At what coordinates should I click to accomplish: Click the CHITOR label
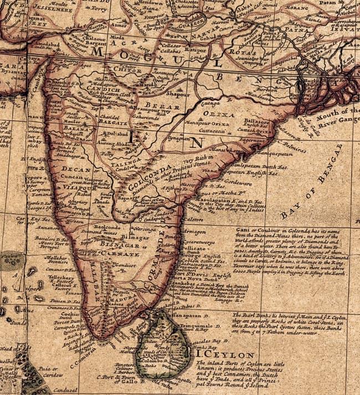128,70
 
